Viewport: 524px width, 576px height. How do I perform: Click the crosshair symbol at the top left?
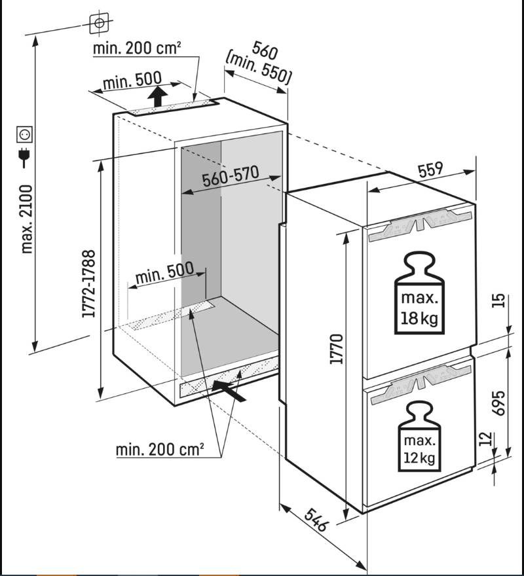(x=99, y=23)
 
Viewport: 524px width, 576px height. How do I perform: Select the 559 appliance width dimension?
(x=430, y=170)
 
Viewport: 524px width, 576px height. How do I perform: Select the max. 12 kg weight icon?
(x=419, y=436)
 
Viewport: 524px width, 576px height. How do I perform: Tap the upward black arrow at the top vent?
(x=157, y=97)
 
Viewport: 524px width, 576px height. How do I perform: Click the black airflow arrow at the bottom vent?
(x=229, y=391)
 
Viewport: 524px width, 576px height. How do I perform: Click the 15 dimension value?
(x=498, y=300)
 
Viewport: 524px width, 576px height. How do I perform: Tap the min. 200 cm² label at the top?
(x=137, y=48)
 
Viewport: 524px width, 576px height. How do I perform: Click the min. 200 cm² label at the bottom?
(x=160, y=450)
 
